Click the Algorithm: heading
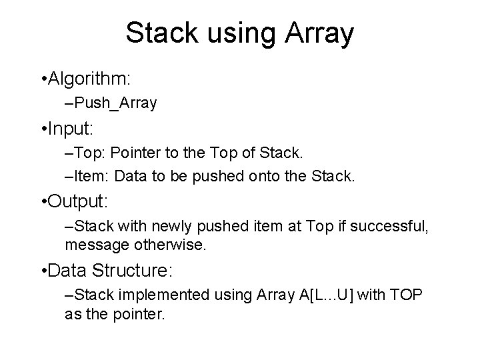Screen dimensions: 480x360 pos(91,79)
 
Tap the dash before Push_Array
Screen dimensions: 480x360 pos(69,103)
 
